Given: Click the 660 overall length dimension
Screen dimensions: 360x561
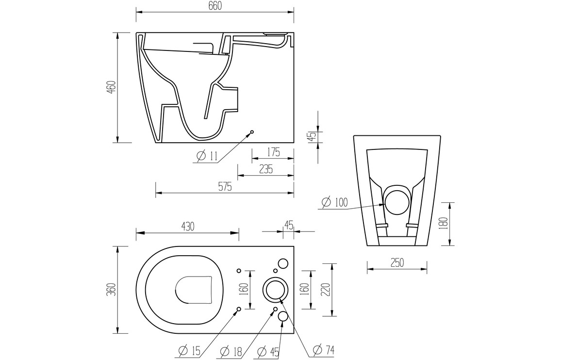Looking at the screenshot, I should [215, 6].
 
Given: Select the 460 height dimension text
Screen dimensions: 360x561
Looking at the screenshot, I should [111, 88].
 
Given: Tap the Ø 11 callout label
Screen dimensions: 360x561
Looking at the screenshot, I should [207, 156].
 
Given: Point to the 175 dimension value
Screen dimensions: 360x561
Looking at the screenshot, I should [273, 152].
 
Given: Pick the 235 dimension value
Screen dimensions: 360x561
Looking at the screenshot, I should [265, 169].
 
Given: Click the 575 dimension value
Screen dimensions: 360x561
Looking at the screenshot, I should [224, 186].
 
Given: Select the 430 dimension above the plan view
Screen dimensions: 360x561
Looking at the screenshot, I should [188, 226].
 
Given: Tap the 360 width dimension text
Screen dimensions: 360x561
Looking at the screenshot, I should [111, 290].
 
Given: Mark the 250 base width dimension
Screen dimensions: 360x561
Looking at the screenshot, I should [397, 262].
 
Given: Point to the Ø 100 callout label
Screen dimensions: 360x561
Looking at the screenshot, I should [334, 203].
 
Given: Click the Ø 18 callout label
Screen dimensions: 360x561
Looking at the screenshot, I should [231, 350].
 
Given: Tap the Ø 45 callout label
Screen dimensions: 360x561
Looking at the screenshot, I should [270, 350].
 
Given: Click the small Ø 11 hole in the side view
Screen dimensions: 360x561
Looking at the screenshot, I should [252, 132].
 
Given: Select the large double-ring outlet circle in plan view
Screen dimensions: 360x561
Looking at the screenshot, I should [275, 290].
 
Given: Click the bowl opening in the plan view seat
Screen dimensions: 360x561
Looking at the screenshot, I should [194, 290].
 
